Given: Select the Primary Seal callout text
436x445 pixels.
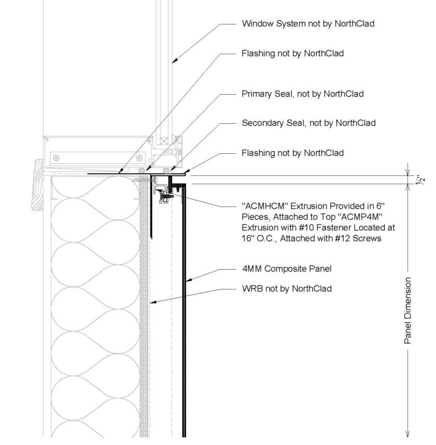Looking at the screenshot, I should (302, 94).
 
